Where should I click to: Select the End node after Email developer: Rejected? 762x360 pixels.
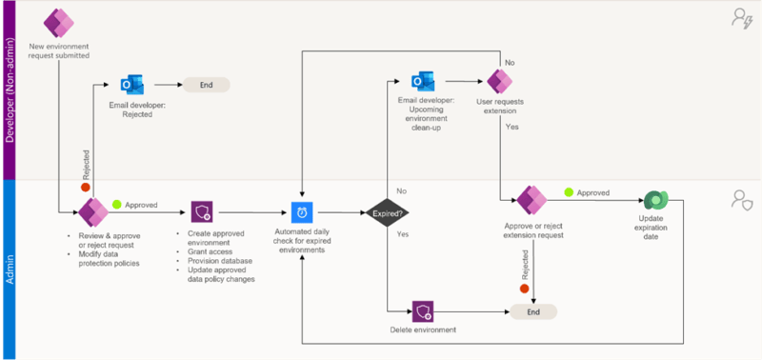click(206, 84)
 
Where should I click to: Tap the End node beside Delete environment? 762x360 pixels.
click(532, 311)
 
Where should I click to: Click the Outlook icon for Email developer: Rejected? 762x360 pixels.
click(132, 84)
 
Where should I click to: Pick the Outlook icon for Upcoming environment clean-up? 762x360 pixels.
click(423, 79)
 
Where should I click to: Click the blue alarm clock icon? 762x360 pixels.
click(302, 211)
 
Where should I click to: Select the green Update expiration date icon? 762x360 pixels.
click(656, 201)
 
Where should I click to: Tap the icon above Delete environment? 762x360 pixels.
click(423, 311)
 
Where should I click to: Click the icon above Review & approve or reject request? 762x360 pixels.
click(92, 211)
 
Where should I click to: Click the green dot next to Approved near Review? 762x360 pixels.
click(119, 204)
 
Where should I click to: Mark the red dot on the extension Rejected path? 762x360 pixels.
click(524, 287)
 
